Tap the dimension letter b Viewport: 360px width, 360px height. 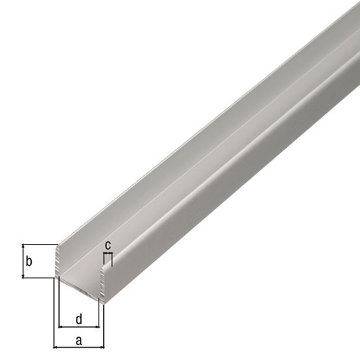tap(28, 262)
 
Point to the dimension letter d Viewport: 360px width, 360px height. tap(79, 318)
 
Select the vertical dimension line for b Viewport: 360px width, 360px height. tap(23, 261)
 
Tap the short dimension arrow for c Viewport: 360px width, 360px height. tap(108, 255)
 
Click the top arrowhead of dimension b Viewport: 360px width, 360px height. tap(23, 247)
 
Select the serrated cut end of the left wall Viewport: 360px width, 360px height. tap(58, 263)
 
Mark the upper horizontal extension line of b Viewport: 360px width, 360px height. tap(39, 245)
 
